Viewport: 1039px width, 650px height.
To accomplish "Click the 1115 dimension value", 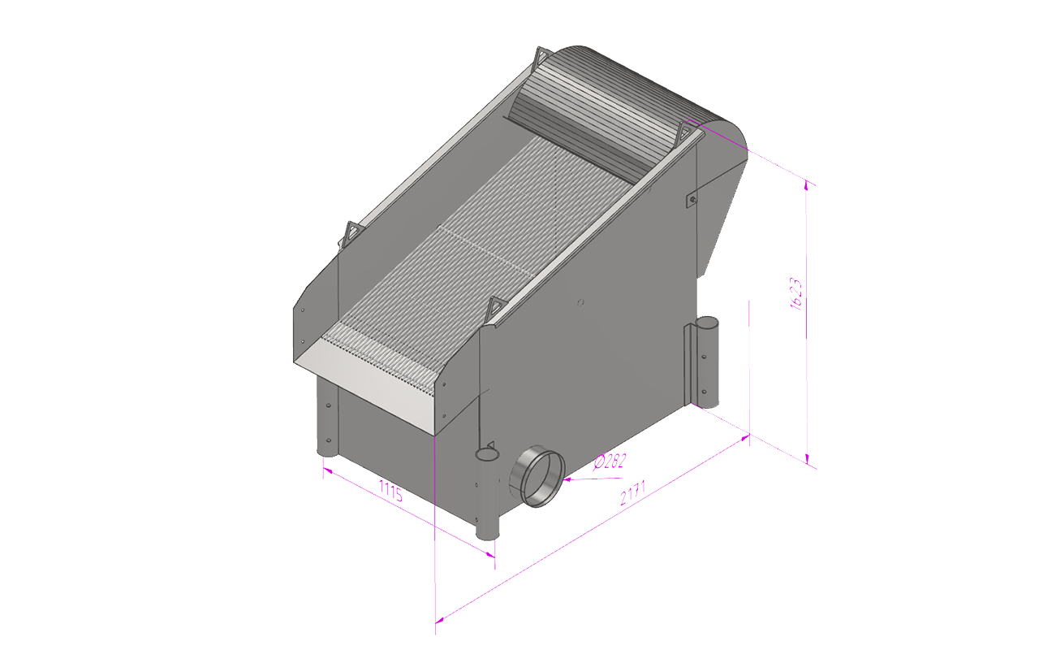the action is tap(391, 491).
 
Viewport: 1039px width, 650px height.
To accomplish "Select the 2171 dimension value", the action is tap(632, 494).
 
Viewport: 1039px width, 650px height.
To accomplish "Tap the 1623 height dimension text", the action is tap(795, 294).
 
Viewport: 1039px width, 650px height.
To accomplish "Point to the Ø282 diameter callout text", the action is tap(610, 461).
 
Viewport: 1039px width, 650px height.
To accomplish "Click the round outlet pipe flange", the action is tap(538, 476).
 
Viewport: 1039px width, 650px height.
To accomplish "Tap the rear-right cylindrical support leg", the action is tap(707, 360).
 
